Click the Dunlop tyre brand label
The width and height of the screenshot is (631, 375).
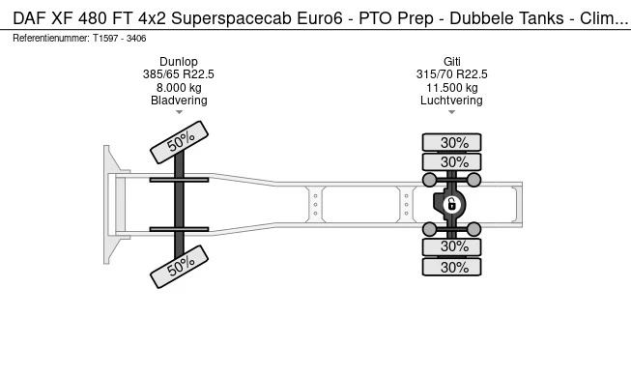(x=179, y=62)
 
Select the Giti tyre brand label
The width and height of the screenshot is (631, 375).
(x=452, y=62)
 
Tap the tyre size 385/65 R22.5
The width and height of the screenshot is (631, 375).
(x=179, y=74)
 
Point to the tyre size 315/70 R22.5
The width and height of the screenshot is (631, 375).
(x=452, y=74)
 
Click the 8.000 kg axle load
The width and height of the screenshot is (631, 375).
(x=179, y=88)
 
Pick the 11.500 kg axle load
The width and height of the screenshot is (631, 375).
(x=452, y=88)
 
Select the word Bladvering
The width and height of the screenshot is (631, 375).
(x=179, y=101)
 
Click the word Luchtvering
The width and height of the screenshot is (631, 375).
(x=451, y=101)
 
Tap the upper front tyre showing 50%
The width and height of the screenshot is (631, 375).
(x=179, y=142)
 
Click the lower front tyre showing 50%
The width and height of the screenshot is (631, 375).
(x=179, y=267)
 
